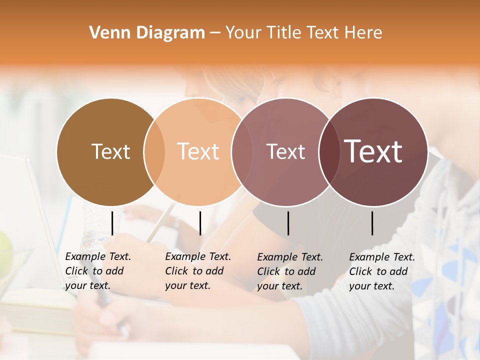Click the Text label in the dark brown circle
point(110,151)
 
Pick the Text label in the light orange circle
point(198,151)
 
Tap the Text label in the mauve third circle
point(285,151)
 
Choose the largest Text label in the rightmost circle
point(373,151)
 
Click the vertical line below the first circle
point(112,223)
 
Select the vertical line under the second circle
point(200,223)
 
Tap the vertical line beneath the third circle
point(288,223)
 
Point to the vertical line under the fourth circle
point(372,223)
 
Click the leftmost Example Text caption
point(97,271)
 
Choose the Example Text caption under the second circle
point(197,271)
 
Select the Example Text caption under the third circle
point(289,271)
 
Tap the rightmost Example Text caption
point(381,271)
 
